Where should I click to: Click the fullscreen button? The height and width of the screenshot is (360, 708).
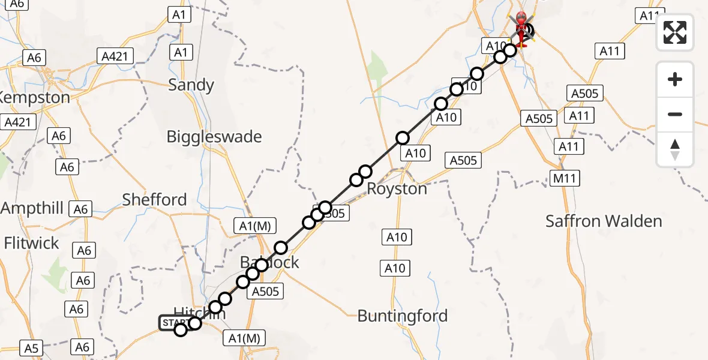[675, 32]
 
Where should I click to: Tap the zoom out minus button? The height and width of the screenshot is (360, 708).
[675, 114]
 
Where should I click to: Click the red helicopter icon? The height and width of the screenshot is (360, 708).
[520, 28]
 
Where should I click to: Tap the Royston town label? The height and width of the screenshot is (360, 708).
[397, 188]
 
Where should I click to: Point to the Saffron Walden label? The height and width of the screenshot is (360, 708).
[604, 221]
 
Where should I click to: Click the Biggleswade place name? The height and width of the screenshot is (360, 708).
[214, 136]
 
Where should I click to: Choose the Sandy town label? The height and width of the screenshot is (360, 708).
[191, 85]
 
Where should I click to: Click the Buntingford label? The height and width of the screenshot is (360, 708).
[403, 316]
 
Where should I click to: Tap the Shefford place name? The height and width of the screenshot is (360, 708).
[154, 199]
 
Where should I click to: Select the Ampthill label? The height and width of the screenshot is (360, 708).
[32, 208]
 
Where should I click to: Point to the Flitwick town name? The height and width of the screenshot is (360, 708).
[31, 243]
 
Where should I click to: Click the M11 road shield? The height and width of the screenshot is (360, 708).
[565, 178]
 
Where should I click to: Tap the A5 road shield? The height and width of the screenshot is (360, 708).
[31, 347]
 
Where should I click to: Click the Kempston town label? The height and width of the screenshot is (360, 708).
[35, 97]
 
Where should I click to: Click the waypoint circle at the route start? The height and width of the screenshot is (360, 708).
[181, 329]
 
